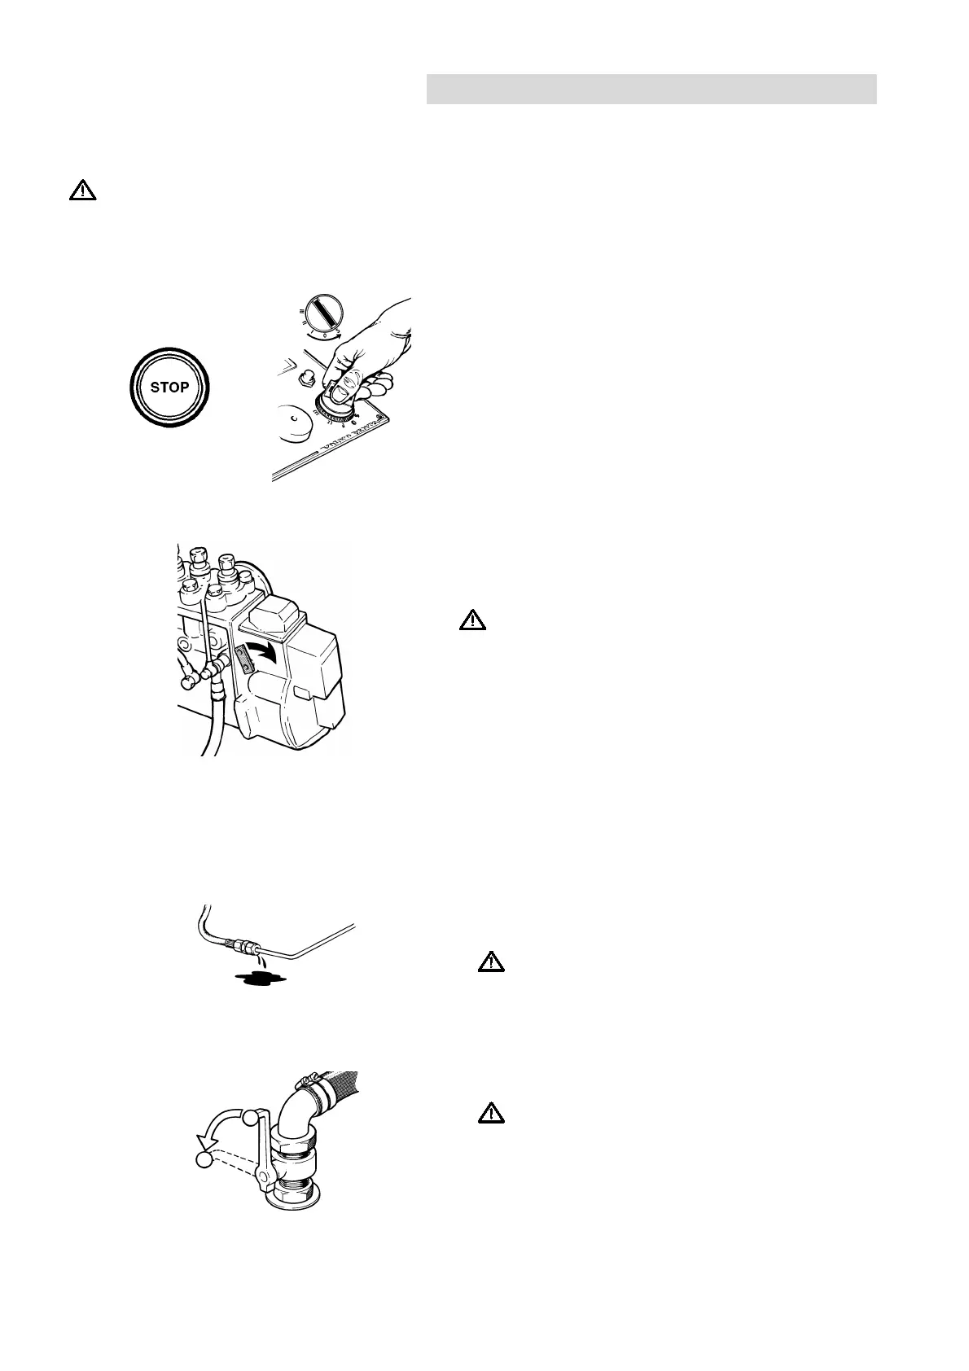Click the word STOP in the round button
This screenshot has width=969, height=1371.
click(x=169, y=387)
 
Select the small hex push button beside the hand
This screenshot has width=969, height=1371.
click(x=309, y=376)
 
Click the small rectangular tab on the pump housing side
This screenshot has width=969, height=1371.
click(x=301, y=693)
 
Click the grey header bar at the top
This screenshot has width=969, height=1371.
click(x=651, y=89)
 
